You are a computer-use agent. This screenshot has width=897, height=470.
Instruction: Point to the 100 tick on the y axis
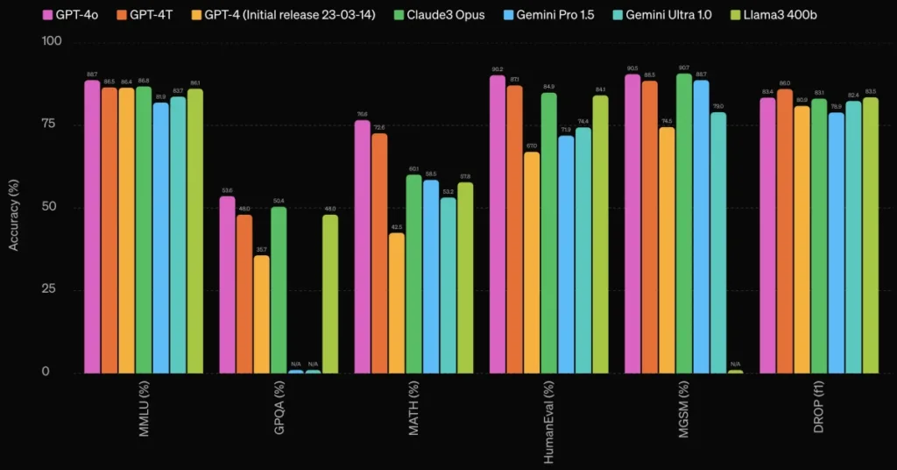coord(53,41)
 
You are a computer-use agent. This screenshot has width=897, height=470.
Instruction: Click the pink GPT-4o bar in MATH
coord(362,246)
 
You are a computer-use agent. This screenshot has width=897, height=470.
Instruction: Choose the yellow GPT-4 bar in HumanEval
coord(532,262)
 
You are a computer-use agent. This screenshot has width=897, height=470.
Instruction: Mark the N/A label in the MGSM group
coord(735,364)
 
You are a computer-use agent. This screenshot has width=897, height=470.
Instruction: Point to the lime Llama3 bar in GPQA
coord(329,294)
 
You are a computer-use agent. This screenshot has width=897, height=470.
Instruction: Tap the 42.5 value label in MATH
coord(396,227)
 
